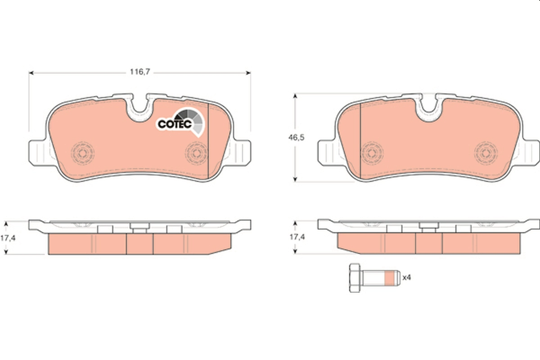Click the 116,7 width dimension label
pos(140,72)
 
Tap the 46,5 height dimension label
pos(296,138)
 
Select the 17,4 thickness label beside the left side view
pos(8,238)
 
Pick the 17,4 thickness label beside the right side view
pos(297,237)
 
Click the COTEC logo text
pos(175,124)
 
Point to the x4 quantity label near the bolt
pos(407,278)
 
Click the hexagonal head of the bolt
pos(355,278)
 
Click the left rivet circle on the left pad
pos(83,153)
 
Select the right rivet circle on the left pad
pos(196,153)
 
